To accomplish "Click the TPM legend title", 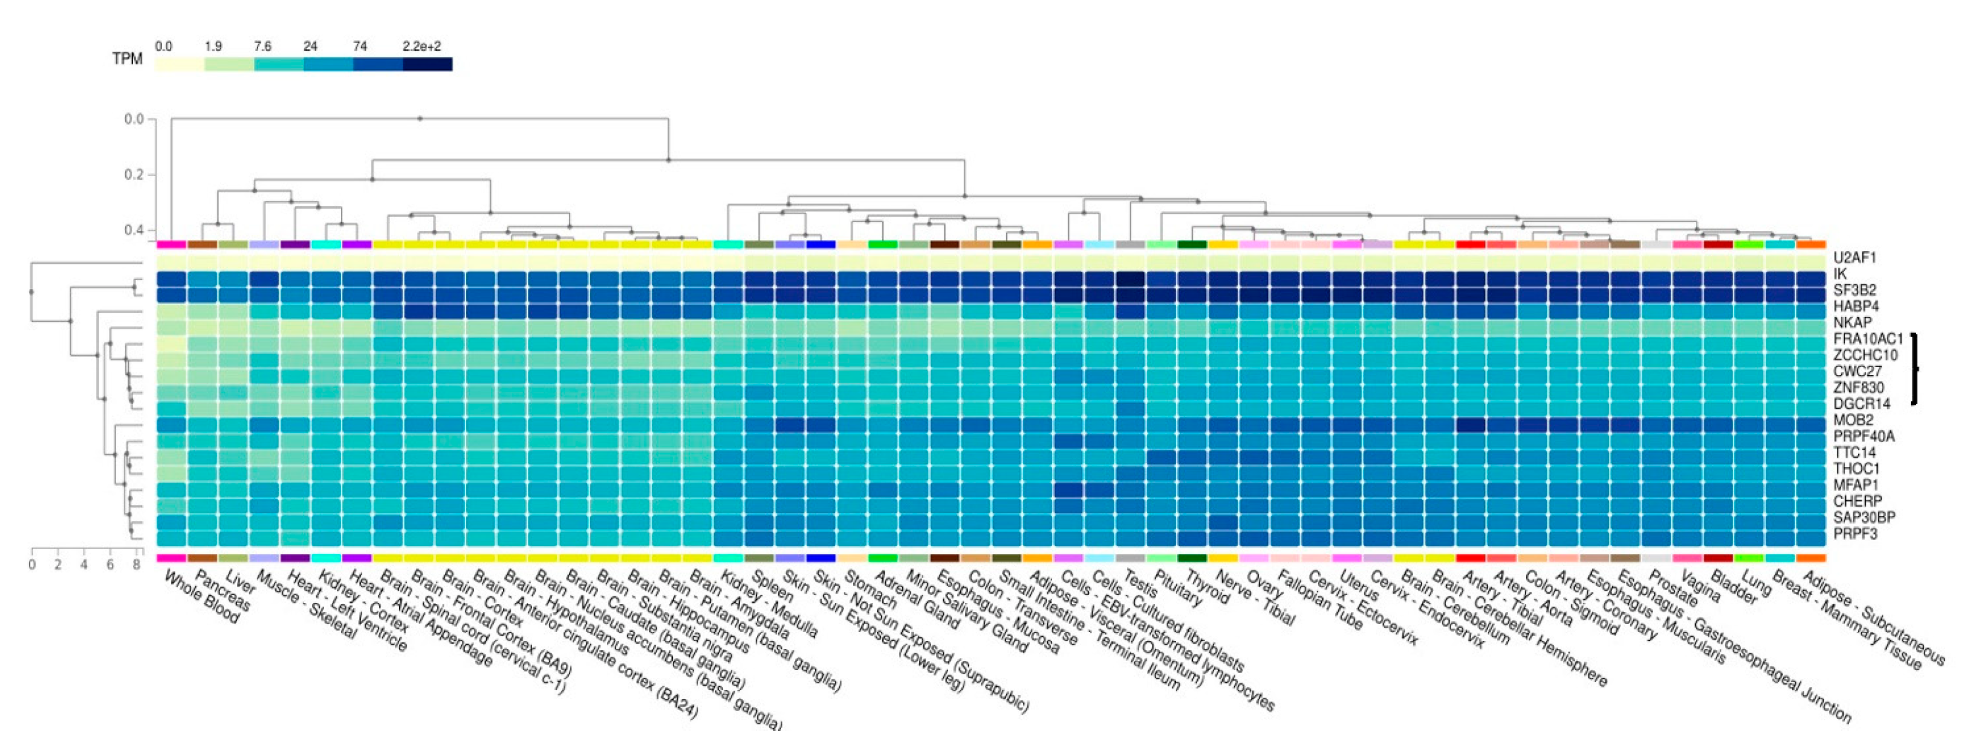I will click(127, 59).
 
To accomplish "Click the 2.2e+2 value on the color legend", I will click(421, 47).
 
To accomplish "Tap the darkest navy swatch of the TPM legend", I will click(428, 64).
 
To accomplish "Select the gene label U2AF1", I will click(1854, 258).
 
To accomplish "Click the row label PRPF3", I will click(1855, 533).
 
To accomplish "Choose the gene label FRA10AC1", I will click(1868, 339).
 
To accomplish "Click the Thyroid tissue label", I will click(1211, 588).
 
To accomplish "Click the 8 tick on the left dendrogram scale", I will click(137, 565).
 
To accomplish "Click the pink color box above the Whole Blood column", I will click(171, 244).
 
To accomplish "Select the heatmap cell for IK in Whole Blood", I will click(171, 279).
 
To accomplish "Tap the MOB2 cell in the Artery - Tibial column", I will click(1471, 425).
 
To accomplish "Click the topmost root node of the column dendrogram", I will click(420, 119).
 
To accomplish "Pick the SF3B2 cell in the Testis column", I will click(1130, 295).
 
